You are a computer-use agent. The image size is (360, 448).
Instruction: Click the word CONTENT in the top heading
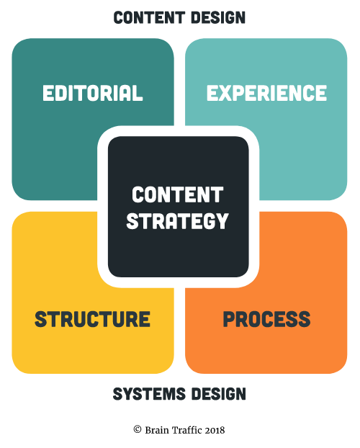coord(150,17)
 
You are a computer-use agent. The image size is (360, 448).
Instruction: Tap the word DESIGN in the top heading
coord(218,17)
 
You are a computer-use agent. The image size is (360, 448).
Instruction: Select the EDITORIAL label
coord(93,93)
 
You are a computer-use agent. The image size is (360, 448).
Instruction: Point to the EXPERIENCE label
coord(266,93)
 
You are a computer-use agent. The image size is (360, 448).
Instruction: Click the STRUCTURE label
coord(92,319)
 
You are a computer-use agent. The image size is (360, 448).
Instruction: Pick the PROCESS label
coord(266,319)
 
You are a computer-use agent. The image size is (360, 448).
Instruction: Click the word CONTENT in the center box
coord(177,195)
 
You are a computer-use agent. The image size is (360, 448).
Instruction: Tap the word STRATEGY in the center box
coord(177,221)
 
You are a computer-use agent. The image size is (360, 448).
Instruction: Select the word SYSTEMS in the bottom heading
coord(150,394)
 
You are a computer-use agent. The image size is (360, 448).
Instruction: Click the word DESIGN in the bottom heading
coord(219,394)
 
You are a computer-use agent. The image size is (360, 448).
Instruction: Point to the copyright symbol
coord(138,429)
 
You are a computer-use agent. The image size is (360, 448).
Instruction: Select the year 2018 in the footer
coord(215,430)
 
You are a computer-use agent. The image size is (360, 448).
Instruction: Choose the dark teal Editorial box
coord(57,143)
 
